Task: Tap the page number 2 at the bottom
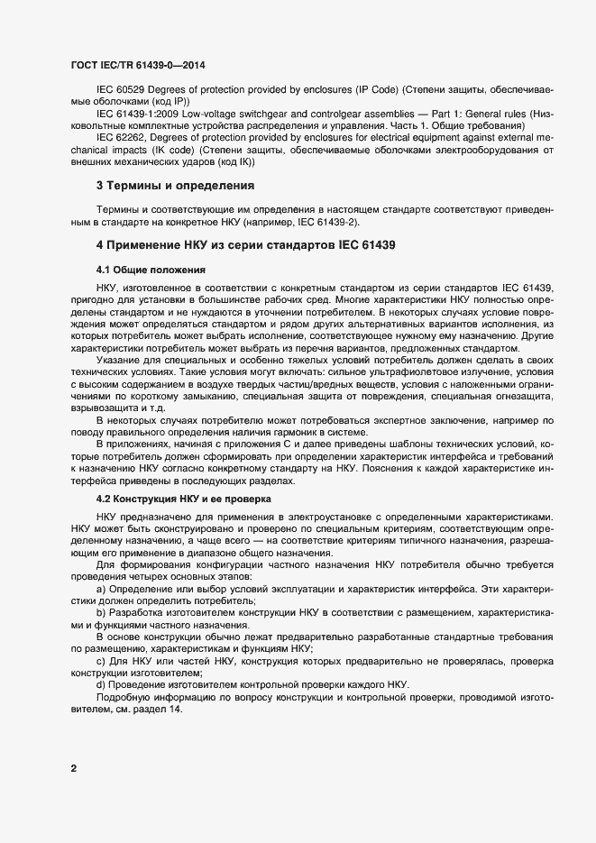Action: pos(73,769)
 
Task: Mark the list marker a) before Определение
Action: pos(100,588)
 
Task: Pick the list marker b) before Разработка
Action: pos(100,612)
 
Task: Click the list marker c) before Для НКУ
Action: pos(100,661)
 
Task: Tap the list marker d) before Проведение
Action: pos(100,685)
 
